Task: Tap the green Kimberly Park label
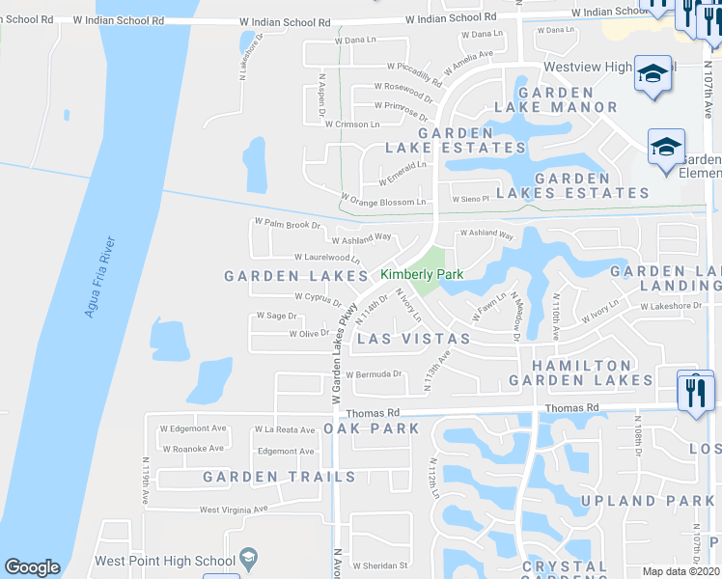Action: (422, 275)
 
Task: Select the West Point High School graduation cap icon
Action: (248, 559)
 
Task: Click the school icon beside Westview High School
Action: (653, 74)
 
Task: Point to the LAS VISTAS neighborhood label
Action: (414, 339)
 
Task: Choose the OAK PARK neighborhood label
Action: (372, 427)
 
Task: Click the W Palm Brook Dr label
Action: (287, 224)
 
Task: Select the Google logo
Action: (33, 567)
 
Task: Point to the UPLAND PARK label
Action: (648, 501)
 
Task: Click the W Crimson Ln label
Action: (352, 124)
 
